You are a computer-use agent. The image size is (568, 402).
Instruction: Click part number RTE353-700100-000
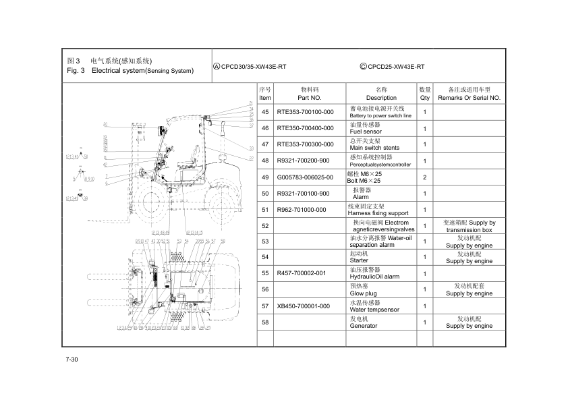305,112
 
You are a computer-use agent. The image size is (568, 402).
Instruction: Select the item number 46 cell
265,128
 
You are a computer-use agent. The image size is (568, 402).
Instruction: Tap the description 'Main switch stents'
374,148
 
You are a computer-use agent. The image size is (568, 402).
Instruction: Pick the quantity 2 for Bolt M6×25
425,177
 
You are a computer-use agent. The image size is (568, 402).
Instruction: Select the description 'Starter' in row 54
360,261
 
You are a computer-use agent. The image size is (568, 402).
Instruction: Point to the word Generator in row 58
364,326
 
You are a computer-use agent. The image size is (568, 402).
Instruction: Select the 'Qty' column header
425,98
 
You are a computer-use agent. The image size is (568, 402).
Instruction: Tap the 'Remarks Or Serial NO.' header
469,98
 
